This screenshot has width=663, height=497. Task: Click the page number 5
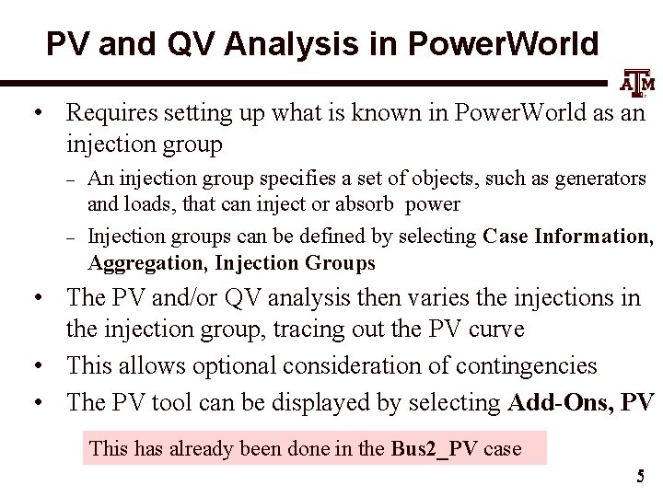click(639, 477)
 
